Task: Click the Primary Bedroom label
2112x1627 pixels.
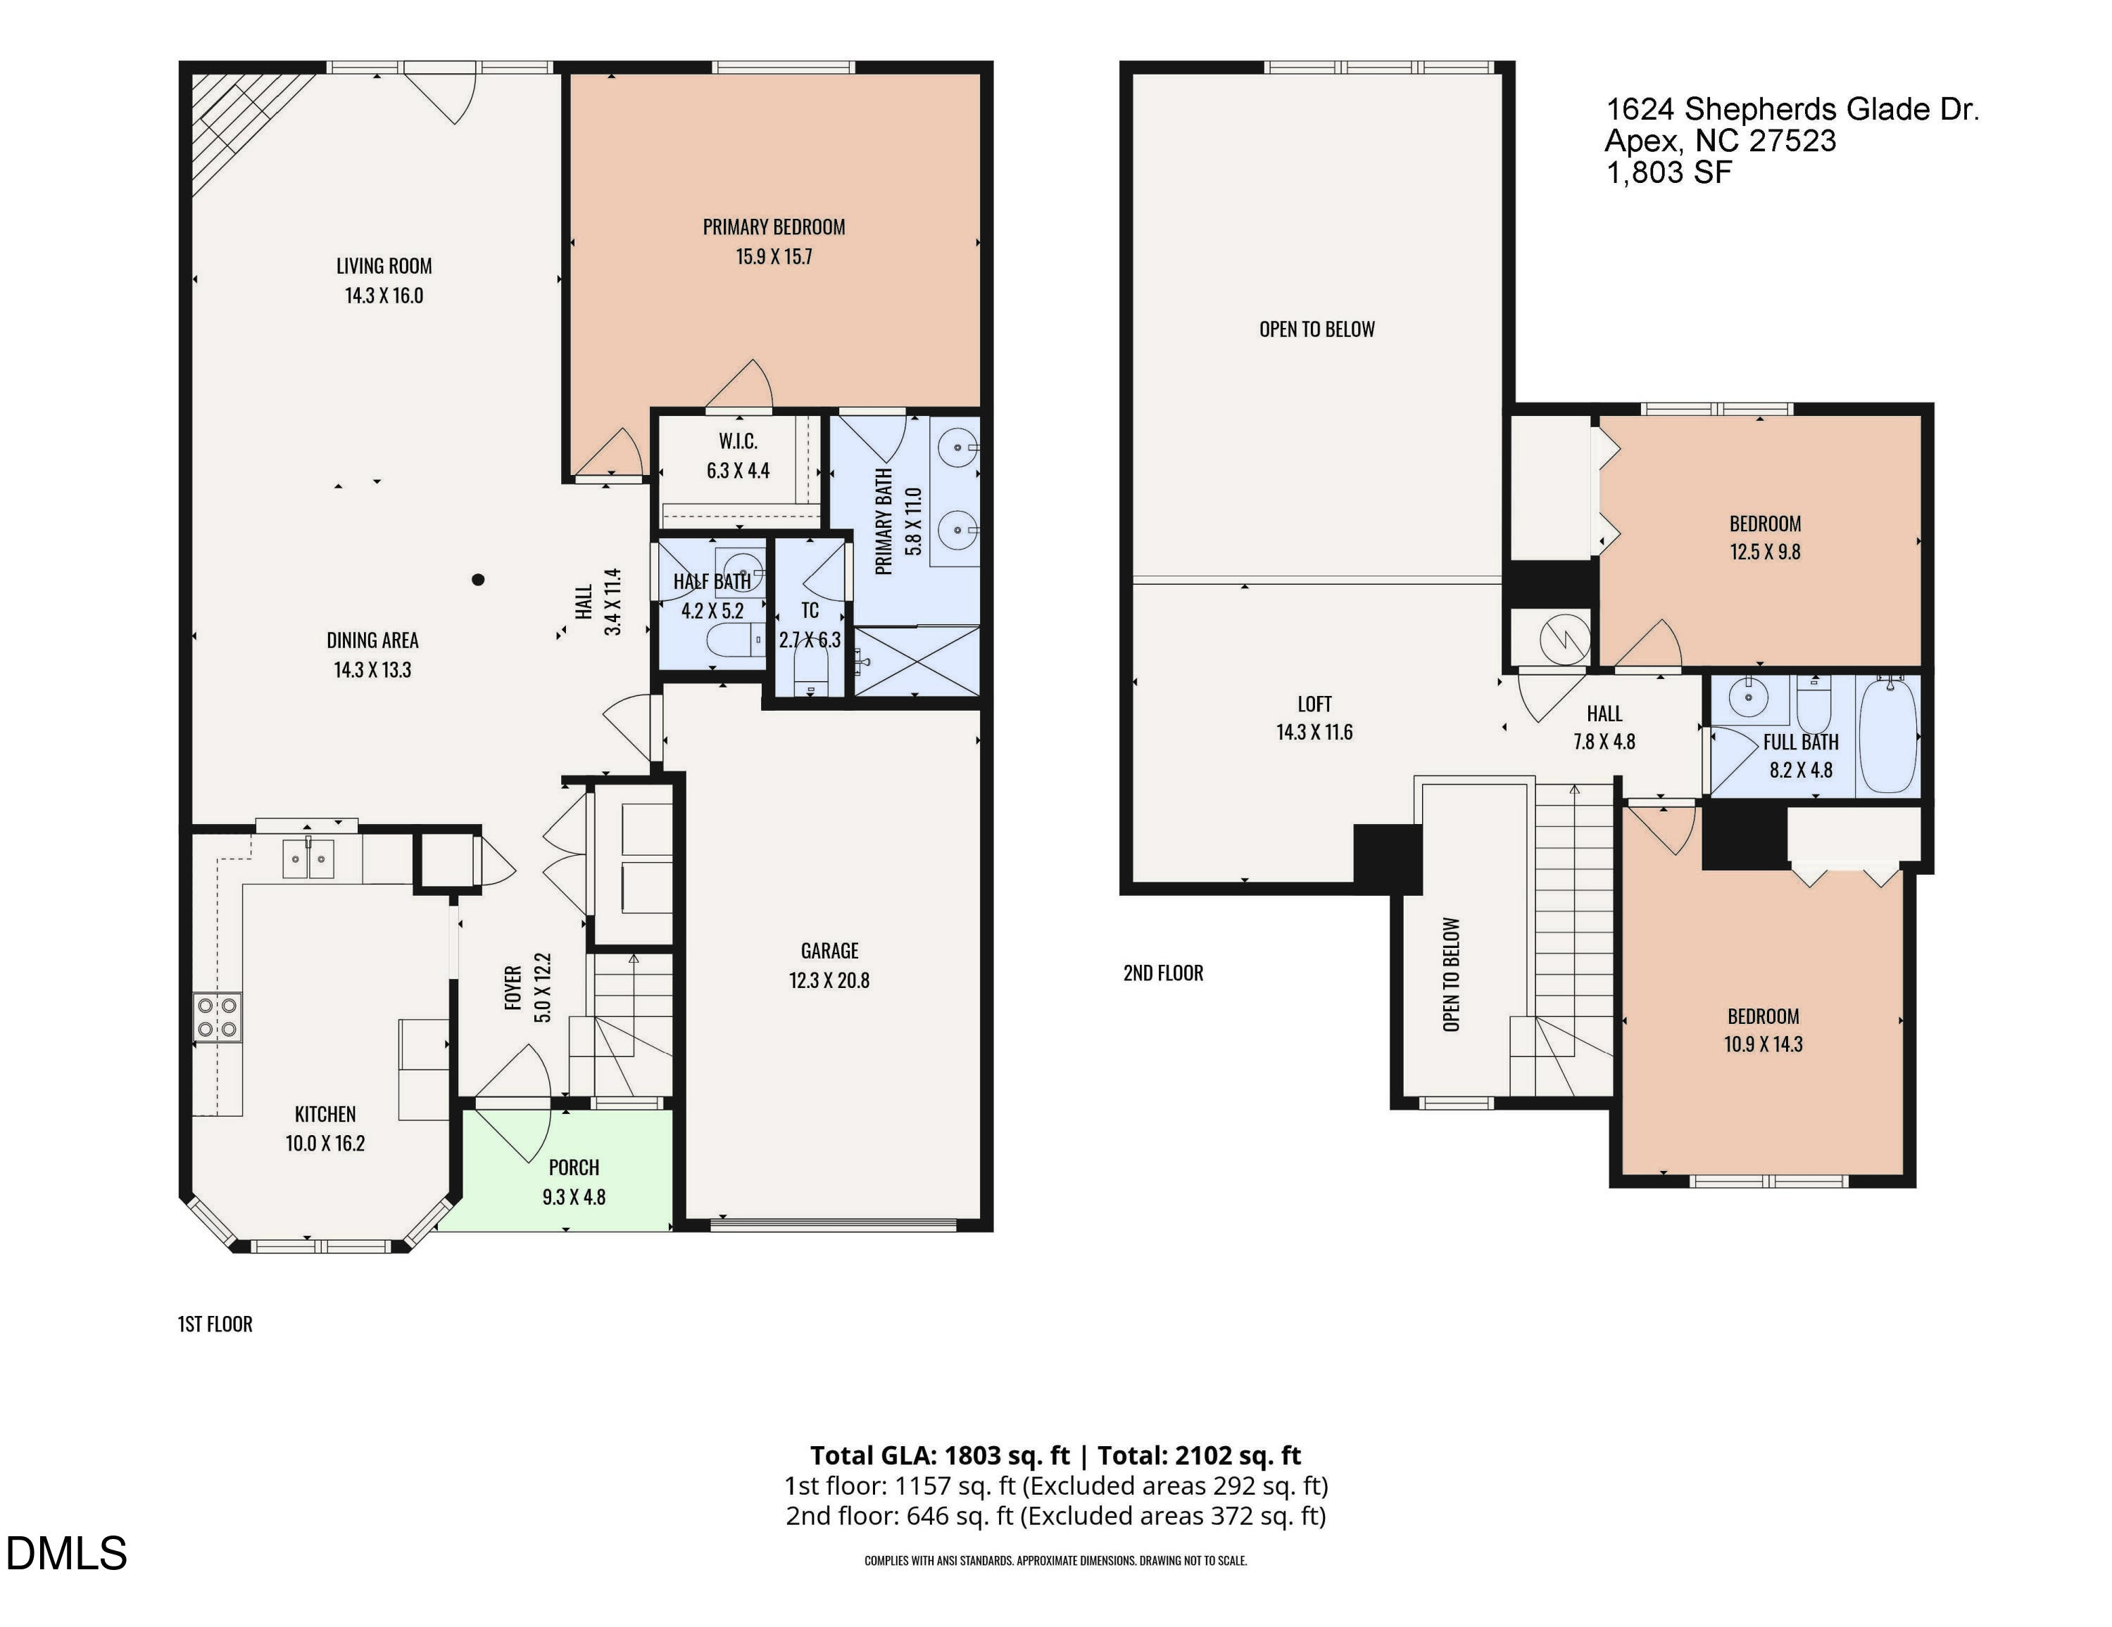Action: click(x=774, y=227)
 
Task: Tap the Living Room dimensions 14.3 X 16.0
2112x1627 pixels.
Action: click(x=384, y=296)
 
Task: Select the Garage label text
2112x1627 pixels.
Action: click(x=829, y=951)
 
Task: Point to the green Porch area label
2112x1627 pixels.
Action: click(x=574, y=1167)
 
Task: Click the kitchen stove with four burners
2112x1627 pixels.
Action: click(x=218, y=1017)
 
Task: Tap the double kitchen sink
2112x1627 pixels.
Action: click(x=308, y=859)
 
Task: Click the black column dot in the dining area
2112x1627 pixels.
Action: click(x=478, y=580)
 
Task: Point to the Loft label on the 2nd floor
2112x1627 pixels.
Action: click(x=1314, y=704)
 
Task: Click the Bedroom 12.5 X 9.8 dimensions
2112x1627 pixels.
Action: click(x=1765, y=552)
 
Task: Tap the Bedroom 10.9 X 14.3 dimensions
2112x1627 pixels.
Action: click(x=1763, y=1044)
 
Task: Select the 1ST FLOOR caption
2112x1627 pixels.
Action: click(x=215, y=1324)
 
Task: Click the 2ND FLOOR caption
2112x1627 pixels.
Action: click(x=1163, y=973)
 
